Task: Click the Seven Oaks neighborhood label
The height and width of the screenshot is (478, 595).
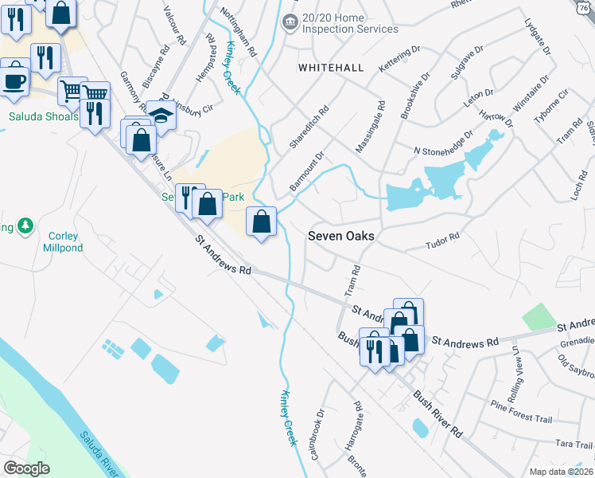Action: tap(340, 236)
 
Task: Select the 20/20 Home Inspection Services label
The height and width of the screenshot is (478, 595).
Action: tap(350, 22)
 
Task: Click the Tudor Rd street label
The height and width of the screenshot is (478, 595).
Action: tap(443, 237)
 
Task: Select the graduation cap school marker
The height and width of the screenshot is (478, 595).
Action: tap(161, 115)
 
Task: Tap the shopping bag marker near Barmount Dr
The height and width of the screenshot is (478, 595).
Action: tap(261, 221)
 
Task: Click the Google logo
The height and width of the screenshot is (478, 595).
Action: tap(26, 468)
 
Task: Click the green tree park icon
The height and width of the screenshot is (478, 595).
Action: tap(25, 227)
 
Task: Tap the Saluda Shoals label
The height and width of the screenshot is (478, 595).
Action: tap(44, 116)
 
